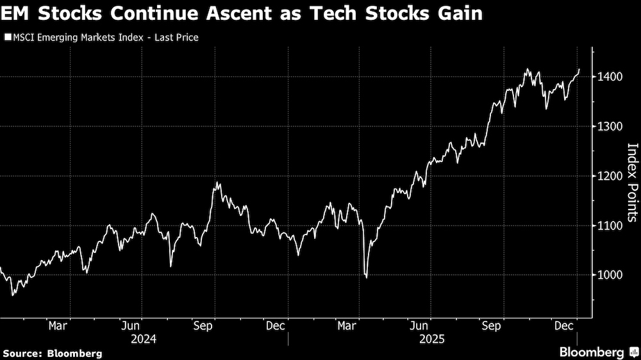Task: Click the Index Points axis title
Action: tap(632, 182)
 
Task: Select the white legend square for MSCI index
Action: tap(7, 38)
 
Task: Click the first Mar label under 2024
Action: tap(58, 325)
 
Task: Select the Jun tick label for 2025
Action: tap(419, 325)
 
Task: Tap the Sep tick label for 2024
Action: tap(203, 325)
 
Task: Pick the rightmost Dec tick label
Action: tap(564, 325)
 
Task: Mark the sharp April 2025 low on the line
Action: tap(366, 277)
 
